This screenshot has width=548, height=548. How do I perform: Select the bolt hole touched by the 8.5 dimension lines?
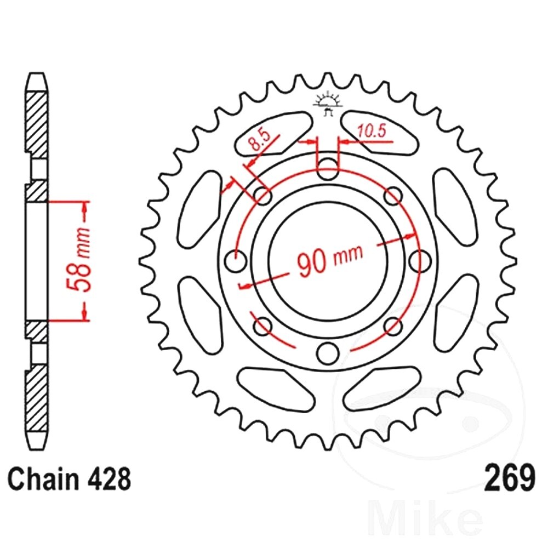pos(263,196)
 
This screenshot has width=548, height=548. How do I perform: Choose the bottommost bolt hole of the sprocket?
pos(328,351)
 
